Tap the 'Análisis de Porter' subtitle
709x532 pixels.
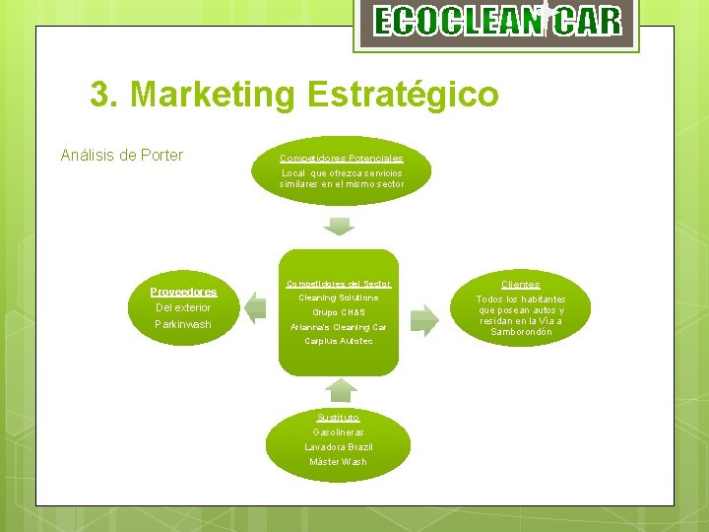[122, 155]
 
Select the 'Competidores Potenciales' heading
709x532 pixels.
[341, 159]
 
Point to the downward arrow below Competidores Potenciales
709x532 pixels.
[340, 225]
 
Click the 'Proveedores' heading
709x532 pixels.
[183, 292]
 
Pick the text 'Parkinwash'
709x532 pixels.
[183, 324]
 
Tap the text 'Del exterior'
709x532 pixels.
[183, 307]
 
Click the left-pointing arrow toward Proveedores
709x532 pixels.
[255, 307]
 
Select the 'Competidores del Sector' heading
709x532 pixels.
[339, 284]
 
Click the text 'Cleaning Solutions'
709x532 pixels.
[339, 298]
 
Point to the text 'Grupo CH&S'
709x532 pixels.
[339, 312]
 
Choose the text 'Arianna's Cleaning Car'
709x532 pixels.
[339, 327]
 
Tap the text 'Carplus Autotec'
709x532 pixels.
[339, 341]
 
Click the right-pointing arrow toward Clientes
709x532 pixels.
[424, 317]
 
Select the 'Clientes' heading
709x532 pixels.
[520, 285]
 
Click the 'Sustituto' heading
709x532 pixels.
[339, 418]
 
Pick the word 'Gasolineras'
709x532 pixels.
[339, 432]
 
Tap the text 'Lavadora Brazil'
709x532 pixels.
[339, 447]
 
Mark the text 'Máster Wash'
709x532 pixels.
[339, 462]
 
